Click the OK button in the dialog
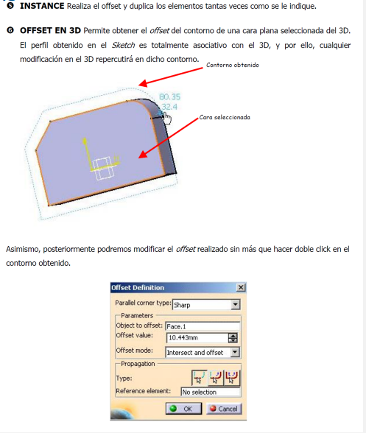tap(183, 409)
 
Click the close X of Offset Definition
tap(241, 287)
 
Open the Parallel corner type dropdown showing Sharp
tap(236, 305)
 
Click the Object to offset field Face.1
tap(203, 326)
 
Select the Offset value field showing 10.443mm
tap(198, 337)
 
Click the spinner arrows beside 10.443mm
tap(233, 338)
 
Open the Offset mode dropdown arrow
tap(235, 352)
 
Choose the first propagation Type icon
tap(199, 378)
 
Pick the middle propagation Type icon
tap(216, 378)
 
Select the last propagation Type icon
tap(232, 378)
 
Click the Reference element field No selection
tap(211, 392)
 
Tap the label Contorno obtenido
tap(233, 65)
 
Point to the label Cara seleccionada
tap(225, 117)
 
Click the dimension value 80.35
tap(169, 97)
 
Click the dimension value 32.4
tap(169, 107)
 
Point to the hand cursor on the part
tap(167, 119)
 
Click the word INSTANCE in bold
tap(42, 6)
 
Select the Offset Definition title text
tap(138, 288)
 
